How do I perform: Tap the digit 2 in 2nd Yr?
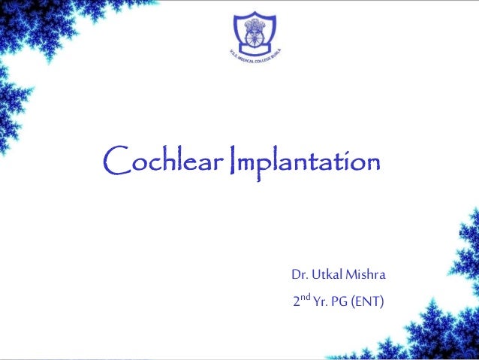pos(297,302)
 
